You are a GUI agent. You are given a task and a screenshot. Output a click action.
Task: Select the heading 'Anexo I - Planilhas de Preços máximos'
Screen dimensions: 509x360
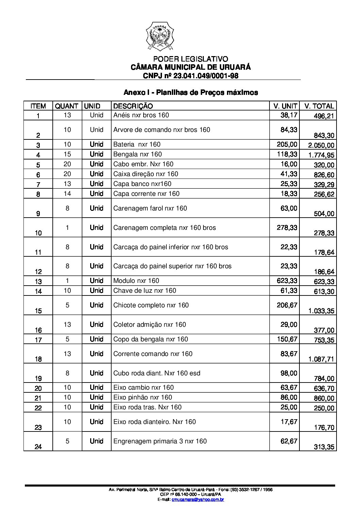191,92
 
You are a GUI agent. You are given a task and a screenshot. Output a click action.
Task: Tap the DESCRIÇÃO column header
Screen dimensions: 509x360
133,106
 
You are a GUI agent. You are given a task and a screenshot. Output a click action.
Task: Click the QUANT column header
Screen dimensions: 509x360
67,106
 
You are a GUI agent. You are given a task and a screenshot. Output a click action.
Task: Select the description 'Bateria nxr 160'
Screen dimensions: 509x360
137,145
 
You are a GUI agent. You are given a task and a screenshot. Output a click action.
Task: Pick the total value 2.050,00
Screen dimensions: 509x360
321,146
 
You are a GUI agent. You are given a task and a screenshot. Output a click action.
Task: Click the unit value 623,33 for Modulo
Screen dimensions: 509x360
287,281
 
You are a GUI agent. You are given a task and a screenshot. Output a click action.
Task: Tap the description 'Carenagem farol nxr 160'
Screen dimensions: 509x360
150,208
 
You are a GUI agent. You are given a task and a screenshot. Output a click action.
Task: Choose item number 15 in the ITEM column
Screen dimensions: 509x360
38,311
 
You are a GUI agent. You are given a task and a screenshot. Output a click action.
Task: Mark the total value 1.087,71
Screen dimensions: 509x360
321,359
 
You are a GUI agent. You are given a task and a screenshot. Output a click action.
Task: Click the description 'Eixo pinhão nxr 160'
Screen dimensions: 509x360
143,397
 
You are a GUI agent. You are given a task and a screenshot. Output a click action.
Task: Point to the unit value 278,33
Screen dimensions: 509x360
287,227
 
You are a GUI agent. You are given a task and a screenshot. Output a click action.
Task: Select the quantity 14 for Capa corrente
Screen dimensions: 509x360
67,193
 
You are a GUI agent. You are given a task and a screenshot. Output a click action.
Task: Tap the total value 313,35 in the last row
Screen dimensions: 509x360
324,447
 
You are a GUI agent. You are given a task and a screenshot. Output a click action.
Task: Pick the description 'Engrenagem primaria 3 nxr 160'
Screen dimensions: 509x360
160,441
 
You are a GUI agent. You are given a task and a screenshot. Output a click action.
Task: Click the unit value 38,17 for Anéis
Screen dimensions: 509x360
289,115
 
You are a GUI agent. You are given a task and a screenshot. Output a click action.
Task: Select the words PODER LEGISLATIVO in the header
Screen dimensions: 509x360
191,59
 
